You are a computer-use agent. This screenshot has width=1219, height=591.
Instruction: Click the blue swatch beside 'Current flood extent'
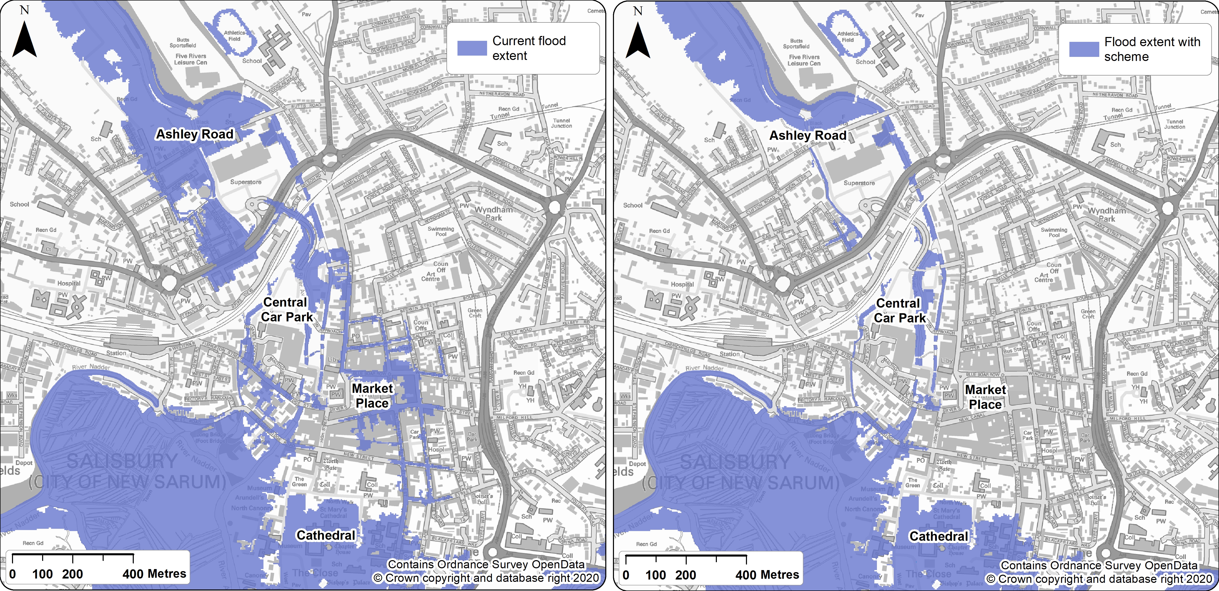(472, 48)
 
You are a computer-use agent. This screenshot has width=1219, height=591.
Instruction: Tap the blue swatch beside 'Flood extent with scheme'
(1084, 49)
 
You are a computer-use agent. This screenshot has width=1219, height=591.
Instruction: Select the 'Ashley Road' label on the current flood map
(195, 134)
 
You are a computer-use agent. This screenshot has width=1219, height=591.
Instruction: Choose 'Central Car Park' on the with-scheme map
(899, 311)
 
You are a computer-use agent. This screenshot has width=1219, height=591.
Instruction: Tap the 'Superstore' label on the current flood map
(246, 182)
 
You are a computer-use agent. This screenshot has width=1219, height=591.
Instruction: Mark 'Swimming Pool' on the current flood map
(441, 231)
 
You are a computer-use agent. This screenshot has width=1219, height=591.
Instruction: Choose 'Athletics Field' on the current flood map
(234, 36)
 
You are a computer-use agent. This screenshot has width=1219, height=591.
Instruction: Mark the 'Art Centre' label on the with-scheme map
(1043, 278)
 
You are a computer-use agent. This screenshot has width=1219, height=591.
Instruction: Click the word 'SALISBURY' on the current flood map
(122, 461)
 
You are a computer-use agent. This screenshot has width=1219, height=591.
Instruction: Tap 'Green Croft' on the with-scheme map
(1088, 314)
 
